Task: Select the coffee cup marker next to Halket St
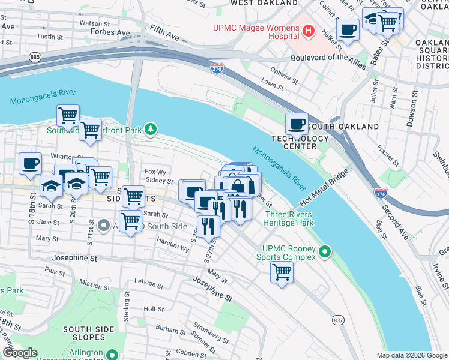(348, 29)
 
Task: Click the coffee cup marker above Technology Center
(296, 124)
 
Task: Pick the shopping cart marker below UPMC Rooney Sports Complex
(282, 272)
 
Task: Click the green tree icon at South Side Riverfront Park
(152, 128)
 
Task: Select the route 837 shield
(339, 320)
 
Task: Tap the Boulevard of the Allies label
(328, 58)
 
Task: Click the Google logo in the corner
(20, 353)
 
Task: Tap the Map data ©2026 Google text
(412, 355)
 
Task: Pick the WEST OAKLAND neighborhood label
(264, 3)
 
